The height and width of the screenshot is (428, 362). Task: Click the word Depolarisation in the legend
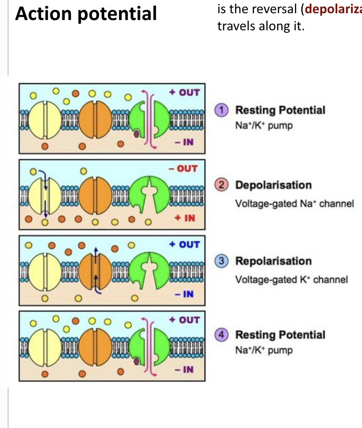click(273, 185)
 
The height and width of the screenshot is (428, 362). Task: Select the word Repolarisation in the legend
click(273, 261)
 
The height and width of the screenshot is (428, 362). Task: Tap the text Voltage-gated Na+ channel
click(295, 204)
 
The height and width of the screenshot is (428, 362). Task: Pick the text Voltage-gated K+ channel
click(292, 280)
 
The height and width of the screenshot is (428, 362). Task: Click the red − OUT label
click(184, 168)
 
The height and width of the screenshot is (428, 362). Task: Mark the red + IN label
click(184, 218)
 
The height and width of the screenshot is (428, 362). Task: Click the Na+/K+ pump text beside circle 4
click(264, 350)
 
